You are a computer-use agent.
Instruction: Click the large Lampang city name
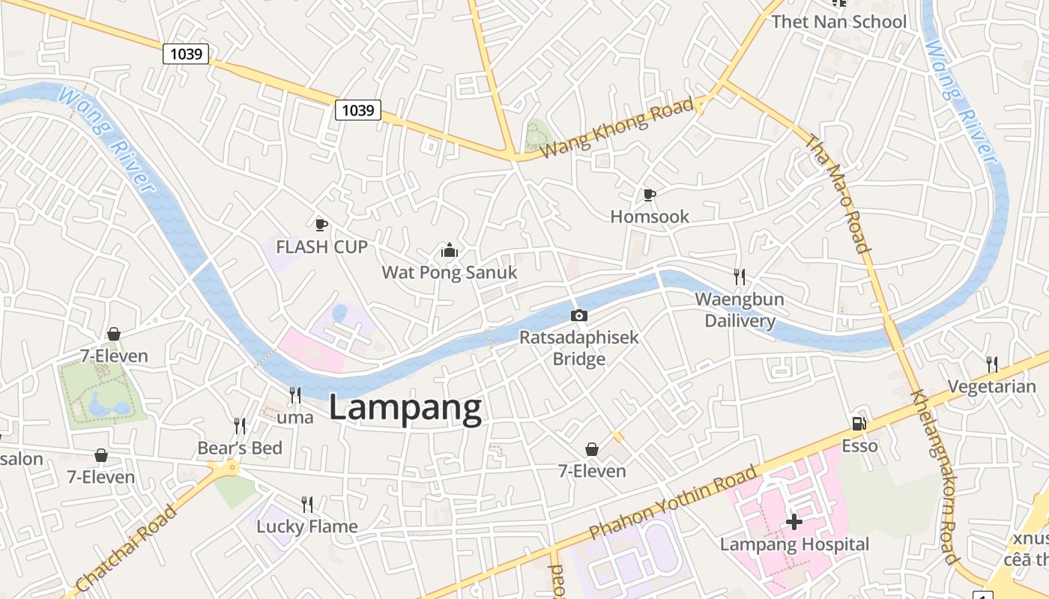(x=405, y=409)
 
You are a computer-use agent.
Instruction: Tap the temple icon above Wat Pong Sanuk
(x=449, y=250)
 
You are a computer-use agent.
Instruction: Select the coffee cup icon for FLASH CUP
(x=321, y=225)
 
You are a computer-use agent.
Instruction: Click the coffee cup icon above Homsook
(x=650, y=195)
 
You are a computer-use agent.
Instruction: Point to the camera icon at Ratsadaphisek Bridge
(x=578, y=315)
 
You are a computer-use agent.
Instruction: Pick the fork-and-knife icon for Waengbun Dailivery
(x=740, y=277)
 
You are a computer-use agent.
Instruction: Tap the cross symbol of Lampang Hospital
(x=794, y=521)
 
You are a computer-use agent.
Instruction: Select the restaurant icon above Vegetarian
(x=992, y=365)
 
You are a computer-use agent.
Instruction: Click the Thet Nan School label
(x=839, y=22)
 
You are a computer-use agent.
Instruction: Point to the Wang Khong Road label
(x=617, y=127)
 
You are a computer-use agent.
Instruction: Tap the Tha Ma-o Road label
(x=838, y=193)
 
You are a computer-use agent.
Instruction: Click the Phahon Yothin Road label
(x=673, y=502)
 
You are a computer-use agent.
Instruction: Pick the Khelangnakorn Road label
(x=934, y=476)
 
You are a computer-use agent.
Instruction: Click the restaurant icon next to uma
(x=295, y=395)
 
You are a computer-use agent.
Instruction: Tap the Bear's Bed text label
(x=240, y=448)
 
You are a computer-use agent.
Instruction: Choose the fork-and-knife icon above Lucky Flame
(x=306, y=504)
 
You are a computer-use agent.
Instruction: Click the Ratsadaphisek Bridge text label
(x=579, y=348)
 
